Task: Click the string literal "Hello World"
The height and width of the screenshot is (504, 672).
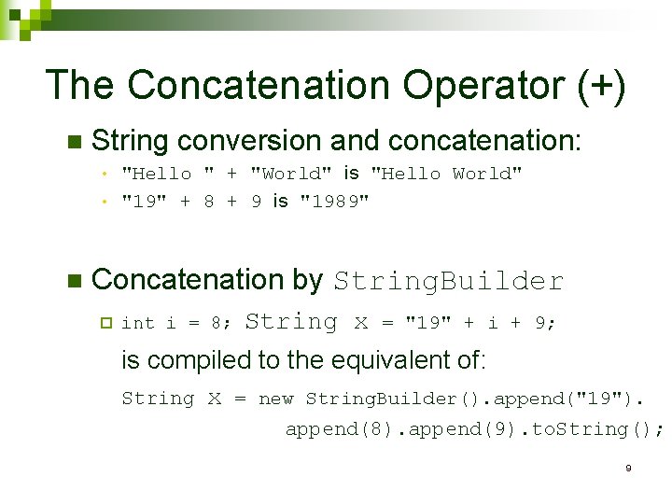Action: pyautogui.click(x=446, y=174)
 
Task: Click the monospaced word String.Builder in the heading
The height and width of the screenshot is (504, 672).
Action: pyautogui.click(x=449, y=281)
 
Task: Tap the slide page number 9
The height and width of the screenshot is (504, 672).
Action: pyautogui.click(x=628, y=467)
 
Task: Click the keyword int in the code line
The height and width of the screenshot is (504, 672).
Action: pyautogui.click(x=138, y=323)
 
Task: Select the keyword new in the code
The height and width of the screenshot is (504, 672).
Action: pyautogui.click(x=275, y=399)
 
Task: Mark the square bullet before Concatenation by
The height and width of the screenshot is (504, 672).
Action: pyautogui.click(x=75, y=281)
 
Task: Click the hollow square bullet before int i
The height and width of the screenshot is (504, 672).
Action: pyautogui.click(x=105, y=323)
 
